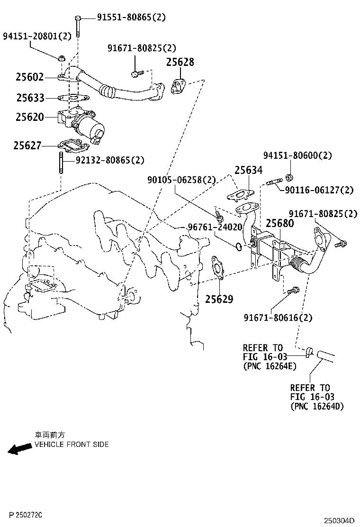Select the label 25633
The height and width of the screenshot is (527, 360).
(x=30, y=98)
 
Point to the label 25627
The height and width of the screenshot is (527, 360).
(x=27, y=145)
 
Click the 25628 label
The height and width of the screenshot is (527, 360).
(x=180, y=62)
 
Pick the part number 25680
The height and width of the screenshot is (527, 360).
(x=279, y=223)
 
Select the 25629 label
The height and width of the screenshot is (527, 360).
(x=219, y=299)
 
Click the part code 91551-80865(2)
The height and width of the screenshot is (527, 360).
(x=132, y=18)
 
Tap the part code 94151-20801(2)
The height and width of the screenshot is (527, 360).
(x=37, y=36)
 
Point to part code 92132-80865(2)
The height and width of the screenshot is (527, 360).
(x=110, y=160)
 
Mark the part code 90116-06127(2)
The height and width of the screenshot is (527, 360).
(x=320, y=190)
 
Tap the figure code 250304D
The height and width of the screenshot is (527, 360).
(x=339, y=520)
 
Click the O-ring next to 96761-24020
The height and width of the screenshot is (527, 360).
(x=239, y=245)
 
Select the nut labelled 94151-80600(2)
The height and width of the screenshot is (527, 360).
(x=289, y=178)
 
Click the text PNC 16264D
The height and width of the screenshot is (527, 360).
(x=317, y=406)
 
